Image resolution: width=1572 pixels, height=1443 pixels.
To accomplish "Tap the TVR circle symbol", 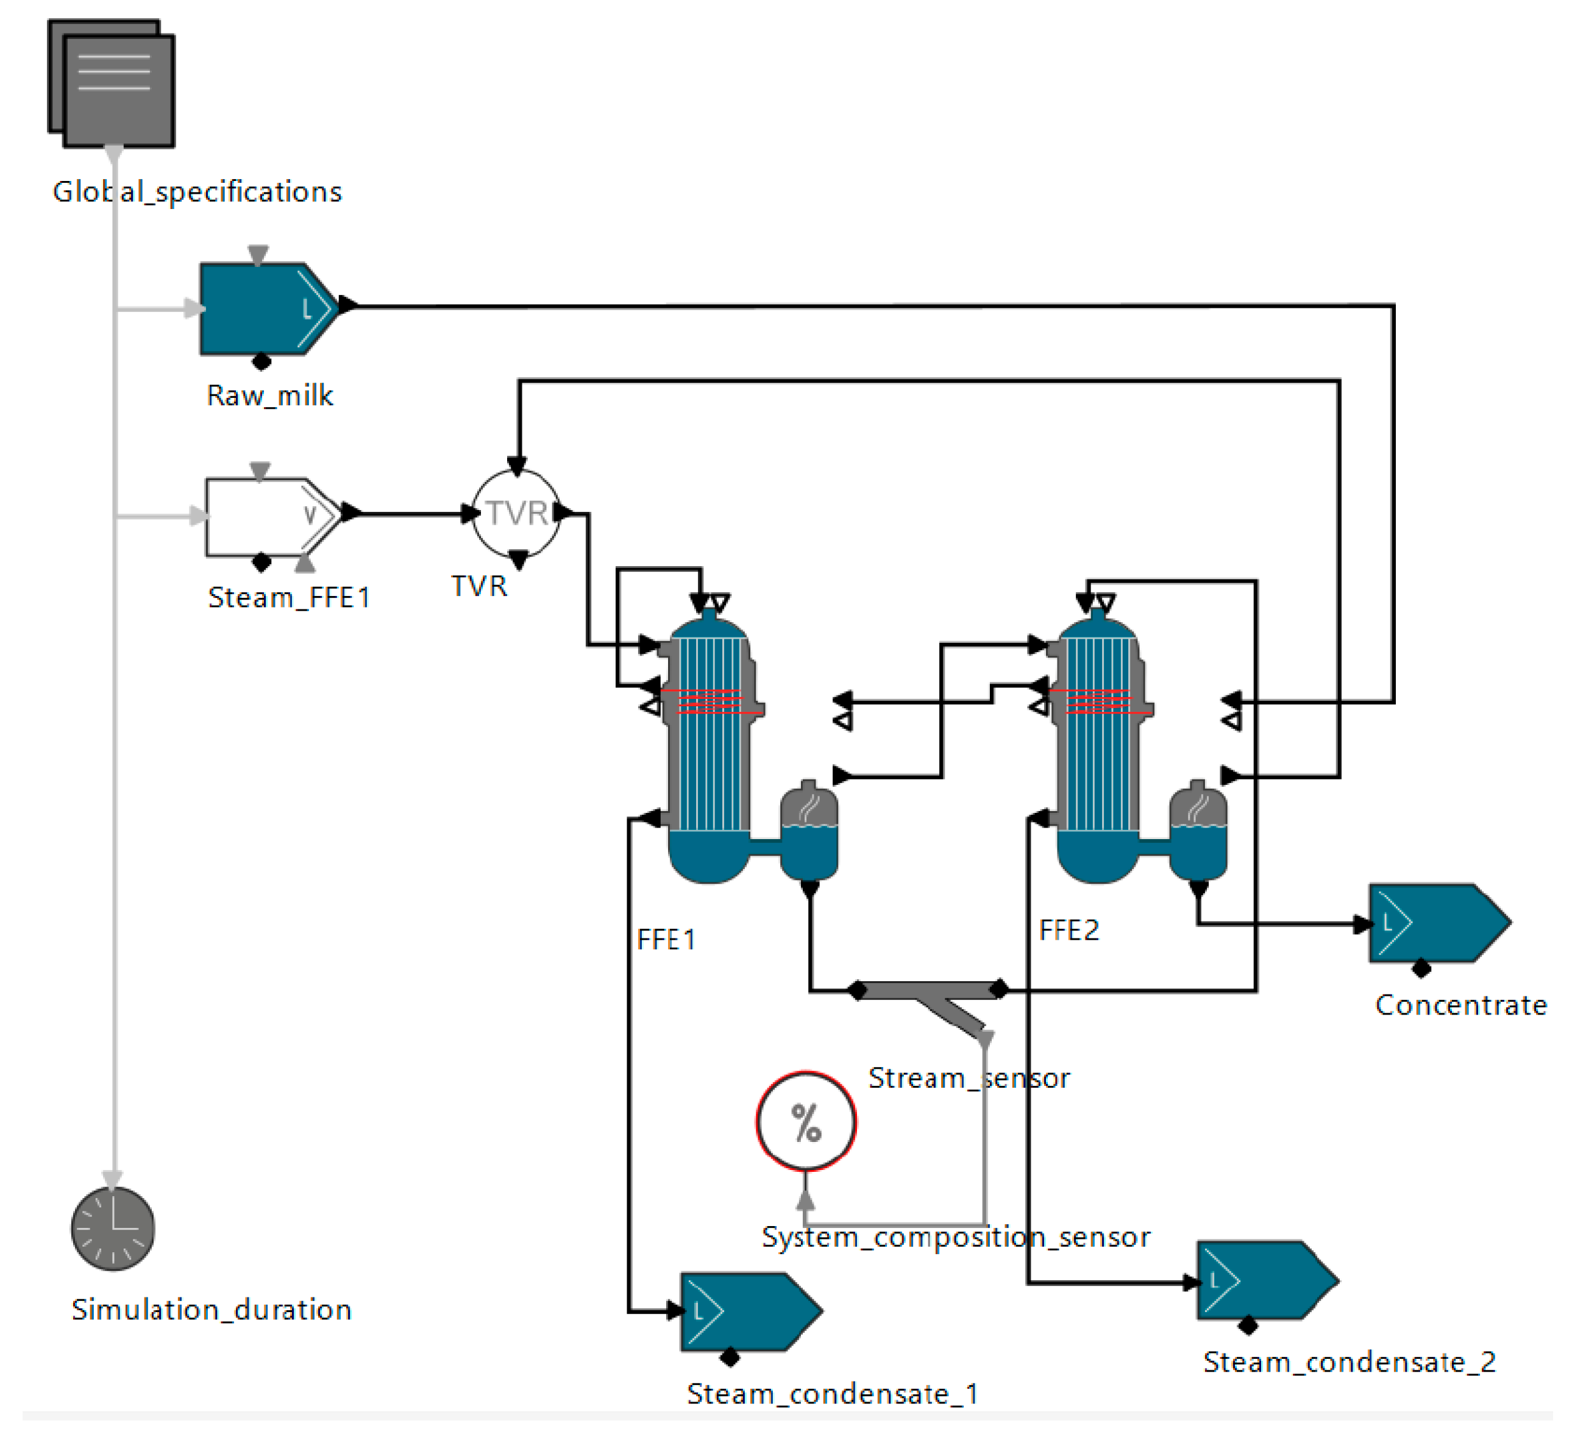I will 516,514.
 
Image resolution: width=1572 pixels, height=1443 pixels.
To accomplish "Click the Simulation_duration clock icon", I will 113,1229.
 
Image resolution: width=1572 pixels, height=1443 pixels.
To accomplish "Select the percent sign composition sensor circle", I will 806,1122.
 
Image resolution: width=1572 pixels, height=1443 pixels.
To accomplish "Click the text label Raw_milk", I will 269,396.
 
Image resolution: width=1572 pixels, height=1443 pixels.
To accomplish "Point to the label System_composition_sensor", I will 955,1237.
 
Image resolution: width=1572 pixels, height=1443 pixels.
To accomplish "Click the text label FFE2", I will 1069,931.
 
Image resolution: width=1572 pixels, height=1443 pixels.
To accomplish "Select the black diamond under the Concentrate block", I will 1421,969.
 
